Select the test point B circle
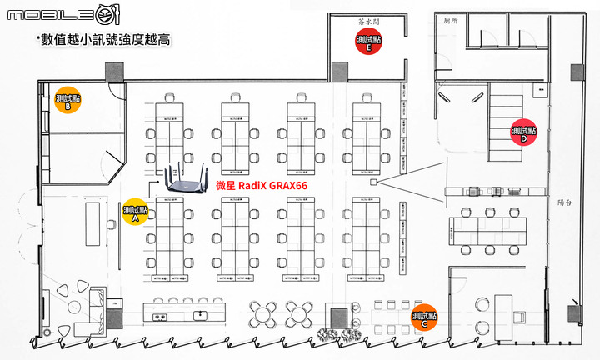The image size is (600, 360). coord(67,101)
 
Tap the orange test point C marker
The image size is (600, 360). coord(425,317)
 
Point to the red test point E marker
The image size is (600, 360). coord(367,42)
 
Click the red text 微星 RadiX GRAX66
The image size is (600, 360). coord(262,186)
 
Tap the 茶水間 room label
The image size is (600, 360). coord(368,23)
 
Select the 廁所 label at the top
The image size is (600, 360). coord(452,18)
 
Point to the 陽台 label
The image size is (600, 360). coord(563,202)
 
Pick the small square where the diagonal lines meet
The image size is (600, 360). coord(373,181)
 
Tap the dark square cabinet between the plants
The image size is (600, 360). coord(339,317)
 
